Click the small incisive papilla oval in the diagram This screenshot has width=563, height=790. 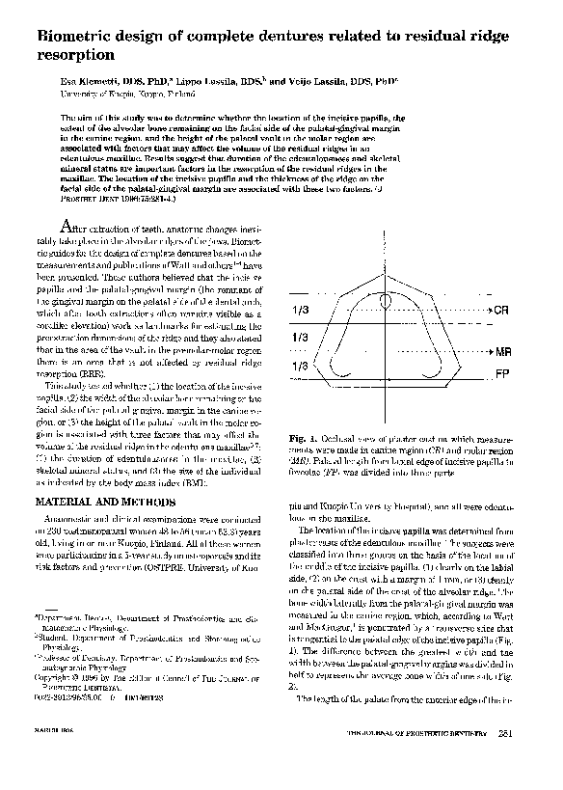[x=385, y=300]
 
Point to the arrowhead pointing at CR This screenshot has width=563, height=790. [x=488, y=311]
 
